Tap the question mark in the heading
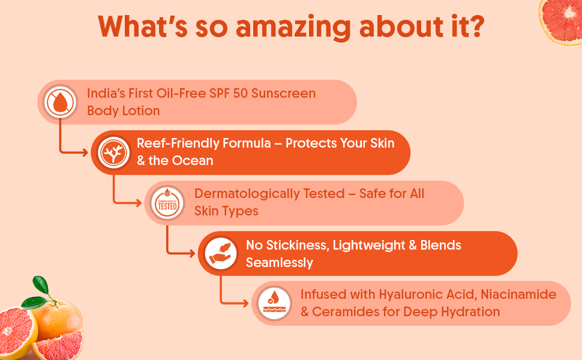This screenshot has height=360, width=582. coord(475,26)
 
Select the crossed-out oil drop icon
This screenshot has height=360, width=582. coord(60,102)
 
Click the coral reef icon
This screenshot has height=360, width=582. coord(113,152)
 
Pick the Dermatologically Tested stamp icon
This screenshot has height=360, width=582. coord(167,203)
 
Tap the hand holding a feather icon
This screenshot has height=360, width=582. coord(220,253)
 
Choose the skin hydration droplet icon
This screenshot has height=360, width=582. coord(274,303)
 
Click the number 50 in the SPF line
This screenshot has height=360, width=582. coord(240,93)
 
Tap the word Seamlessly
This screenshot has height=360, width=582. coord(280,263)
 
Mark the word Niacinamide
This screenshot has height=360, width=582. coord(518,295)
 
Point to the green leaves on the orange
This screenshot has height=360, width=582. coord(39,293)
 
